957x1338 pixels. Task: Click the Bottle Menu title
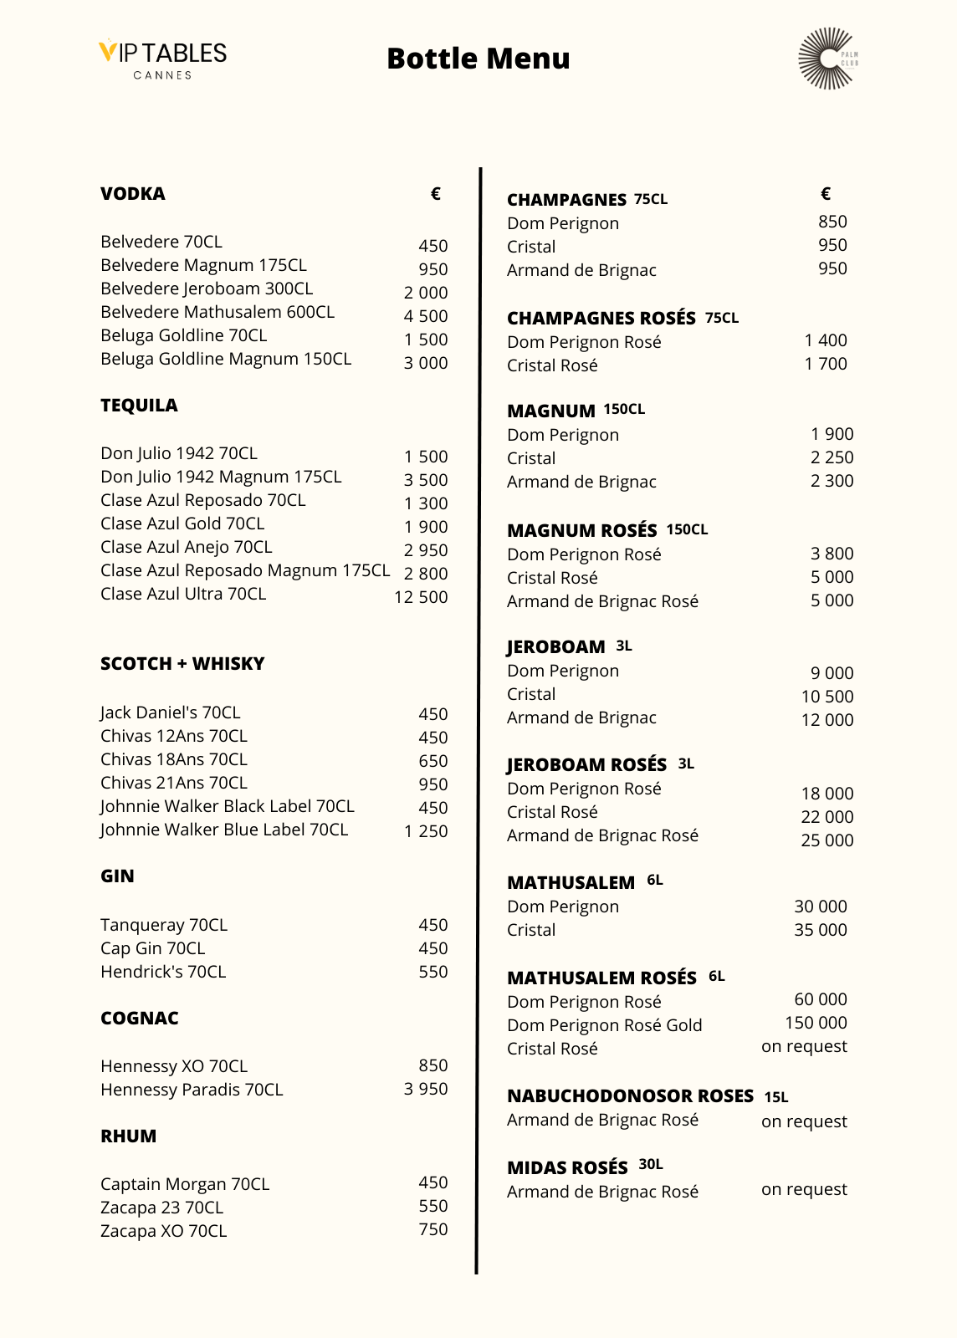(478, 59)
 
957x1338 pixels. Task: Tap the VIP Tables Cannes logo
(163, 59)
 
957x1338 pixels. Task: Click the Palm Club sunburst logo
(827, 59)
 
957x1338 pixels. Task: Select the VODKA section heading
(133, 194)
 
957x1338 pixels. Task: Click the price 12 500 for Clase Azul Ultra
(421, 597)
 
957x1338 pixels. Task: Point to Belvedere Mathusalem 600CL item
(217, 312)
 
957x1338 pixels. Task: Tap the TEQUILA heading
(139, 406)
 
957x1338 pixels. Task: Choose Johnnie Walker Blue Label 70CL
(224, 830)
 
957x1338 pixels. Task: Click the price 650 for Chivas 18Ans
(433, 761)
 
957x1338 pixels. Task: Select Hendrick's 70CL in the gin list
(163, 972)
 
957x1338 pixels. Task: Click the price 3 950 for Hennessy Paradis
(426, 1089)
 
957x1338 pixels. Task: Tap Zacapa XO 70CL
(163, 1231)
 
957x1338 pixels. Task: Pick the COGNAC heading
(140, 1019)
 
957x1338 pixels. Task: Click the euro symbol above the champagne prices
(826, 194)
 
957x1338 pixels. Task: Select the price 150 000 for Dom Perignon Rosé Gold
(816, 1023)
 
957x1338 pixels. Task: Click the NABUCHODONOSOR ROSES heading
(630, 1096)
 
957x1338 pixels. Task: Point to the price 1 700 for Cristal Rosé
(826, 364)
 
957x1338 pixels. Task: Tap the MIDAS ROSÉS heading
(567, 1167)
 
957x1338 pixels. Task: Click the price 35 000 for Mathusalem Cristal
(820, 930)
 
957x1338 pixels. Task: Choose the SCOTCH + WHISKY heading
(182, 664)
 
